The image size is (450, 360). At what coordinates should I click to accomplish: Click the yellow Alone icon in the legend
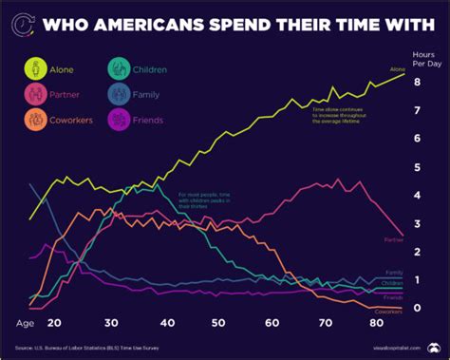pos(35,68)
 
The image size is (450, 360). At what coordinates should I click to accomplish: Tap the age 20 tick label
pos(54,323)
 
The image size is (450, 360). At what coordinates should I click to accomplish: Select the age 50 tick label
pos(218,323)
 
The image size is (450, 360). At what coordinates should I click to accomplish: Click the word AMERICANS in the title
pos(167,19)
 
